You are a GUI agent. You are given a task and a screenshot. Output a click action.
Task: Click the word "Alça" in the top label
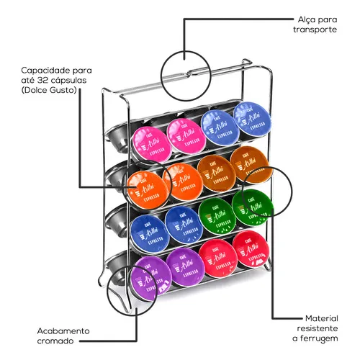307,20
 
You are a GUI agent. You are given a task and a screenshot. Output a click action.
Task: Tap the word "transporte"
315,30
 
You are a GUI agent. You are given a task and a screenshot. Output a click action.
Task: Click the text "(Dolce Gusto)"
49,90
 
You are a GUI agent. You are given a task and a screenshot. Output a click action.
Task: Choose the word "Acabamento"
63,331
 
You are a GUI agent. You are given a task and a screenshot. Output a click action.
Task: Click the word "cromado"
55,341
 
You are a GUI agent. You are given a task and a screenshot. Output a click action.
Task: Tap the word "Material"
322,318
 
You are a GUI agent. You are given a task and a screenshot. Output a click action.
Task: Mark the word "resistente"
318,328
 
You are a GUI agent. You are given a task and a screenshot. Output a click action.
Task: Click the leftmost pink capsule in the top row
152,145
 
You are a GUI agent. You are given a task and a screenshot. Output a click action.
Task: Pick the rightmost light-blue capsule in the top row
252,120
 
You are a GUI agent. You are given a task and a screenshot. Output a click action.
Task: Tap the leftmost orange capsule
147,189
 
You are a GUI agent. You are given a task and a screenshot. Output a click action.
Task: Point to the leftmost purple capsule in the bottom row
152,279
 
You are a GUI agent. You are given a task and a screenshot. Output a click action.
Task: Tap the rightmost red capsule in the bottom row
251,250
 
